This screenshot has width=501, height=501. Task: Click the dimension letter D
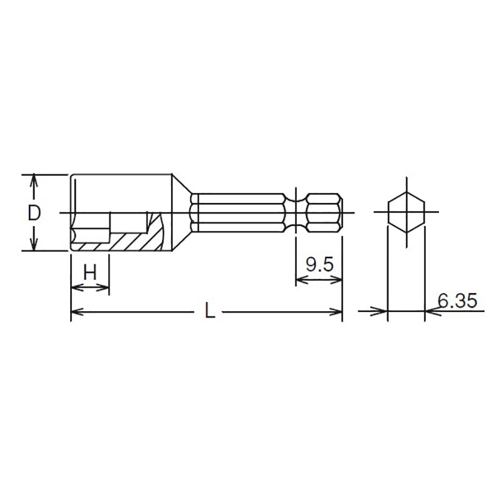point(34,213)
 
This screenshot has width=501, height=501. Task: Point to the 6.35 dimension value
point(457,301)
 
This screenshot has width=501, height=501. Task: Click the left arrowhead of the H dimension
point(75,287)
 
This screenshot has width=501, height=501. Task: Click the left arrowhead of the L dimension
point(75,311)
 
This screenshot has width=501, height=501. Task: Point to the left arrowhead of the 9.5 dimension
point(300,281)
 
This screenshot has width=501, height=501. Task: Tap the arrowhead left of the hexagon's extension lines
point(381,311)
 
